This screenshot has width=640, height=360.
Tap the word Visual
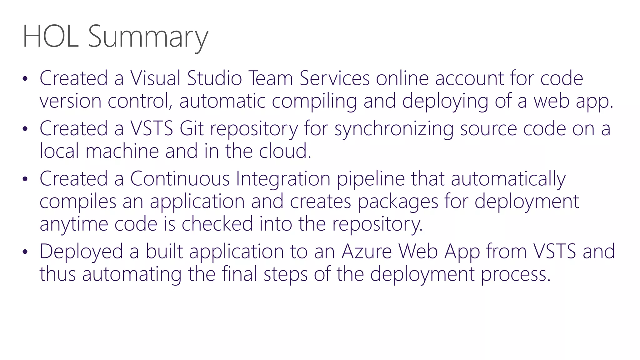155,78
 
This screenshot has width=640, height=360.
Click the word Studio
214,78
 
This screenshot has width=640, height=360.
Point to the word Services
335,78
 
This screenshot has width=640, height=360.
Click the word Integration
283,179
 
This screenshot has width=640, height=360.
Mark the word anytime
74,224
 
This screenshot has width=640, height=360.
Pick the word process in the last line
515,274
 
